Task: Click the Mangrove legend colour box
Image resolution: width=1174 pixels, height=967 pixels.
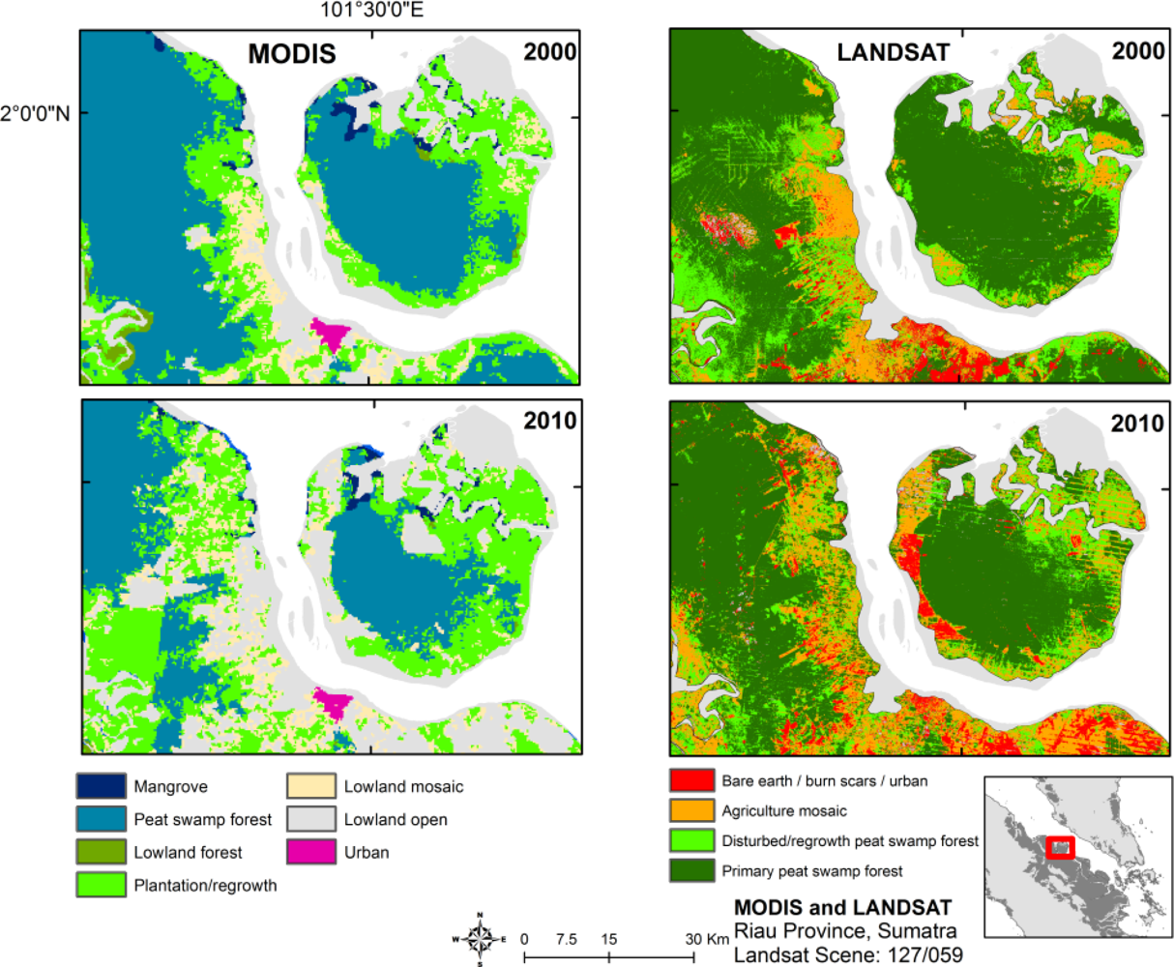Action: [x=102, y=786]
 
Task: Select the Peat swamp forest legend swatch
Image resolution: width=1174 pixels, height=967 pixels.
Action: [x=102, y=819]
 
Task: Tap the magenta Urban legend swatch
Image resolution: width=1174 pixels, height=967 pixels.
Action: [x=311, y=852]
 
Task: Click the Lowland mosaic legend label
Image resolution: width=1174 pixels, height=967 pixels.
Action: [x=403, y=787]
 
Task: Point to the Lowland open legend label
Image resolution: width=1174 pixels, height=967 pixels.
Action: [x=396, y=820]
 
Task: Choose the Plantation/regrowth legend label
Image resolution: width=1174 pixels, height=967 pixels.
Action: [x=205, y=885]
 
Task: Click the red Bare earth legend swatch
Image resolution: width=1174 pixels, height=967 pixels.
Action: [x=690, y=780]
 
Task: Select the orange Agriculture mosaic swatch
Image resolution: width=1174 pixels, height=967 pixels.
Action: [x=690, y=810]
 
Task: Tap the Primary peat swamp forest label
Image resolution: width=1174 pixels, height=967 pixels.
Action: [x=812, y=871]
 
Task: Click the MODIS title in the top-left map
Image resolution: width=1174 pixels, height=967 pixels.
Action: [x=292, y=53]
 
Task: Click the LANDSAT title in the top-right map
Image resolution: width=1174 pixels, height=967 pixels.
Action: [x=893, y=51]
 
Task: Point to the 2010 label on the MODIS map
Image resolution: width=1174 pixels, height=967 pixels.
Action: [x=549, y=422]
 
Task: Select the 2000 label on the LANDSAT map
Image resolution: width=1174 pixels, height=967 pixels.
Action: [x=1137, y=51]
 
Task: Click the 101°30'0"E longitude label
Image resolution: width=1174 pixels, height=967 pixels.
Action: [x=372, y=11]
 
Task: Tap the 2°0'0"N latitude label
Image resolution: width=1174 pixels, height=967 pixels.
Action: [x=36, y=113]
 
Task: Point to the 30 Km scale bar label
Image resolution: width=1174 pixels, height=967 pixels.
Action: [x=707, y=939]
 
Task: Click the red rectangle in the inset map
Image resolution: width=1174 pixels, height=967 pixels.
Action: [x=1060, y=846]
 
